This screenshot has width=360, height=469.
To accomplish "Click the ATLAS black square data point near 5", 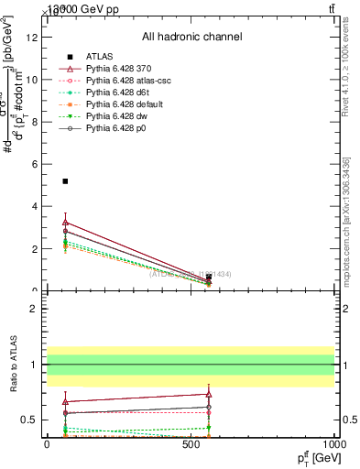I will click(x=65, y=181).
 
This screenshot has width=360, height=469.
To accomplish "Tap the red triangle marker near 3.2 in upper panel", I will click(x=65, y=223).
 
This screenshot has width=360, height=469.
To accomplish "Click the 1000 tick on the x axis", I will click(x=334, y=443).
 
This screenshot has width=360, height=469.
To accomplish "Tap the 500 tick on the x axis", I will click(x=191, y=443).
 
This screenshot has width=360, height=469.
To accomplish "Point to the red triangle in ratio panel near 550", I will click(x=210, y=394).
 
